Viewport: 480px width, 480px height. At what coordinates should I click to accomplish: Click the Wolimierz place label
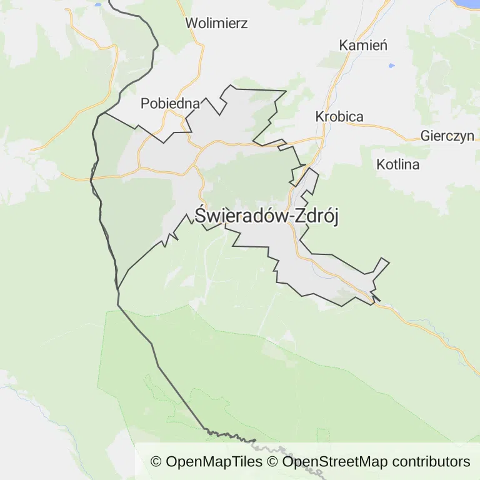(x=216, y=24)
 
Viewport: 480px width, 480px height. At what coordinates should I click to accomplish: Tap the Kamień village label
(x=363, y=45)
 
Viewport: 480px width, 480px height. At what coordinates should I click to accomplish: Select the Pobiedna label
(x=170, y=104)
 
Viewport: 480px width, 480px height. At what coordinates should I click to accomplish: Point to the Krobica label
(x=339, y=117)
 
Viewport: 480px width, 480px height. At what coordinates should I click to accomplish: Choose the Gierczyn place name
(x=447, y=136)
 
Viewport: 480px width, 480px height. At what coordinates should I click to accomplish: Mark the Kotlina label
(x=398, y=165)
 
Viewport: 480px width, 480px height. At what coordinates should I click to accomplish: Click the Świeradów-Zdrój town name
(x=267, y=216)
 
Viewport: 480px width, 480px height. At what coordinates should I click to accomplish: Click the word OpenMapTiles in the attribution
(x=214, y=462)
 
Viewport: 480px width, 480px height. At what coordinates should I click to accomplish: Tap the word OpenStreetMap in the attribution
(x=321, y=462)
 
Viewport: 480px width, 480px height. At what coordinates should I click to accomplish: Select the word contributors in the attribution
(x=431, y=462)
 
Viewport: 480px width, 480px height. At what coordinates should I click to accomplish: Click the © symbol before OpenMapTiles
(x=156, y=462)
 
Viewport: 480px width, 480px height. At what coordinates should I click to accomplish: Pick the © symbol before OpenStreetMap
(x=272, y=462)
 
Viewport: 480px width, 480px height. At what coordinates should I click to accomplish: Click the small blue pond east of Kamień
(x=392, y=66)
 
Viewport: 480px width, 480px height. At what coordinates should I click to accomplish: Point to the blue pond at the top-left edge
(x=98, y=2)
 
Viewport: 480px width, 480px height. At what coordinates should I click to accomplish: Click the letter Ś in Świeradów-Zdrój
(x=201, y=214)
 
